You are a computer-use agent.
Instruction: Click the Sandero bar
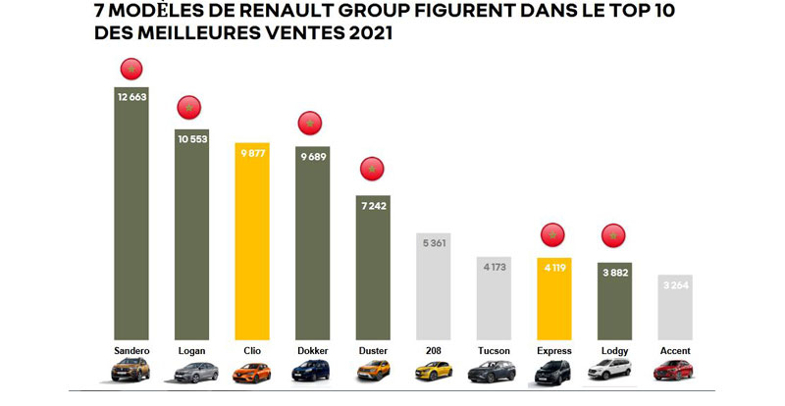coord(131,216)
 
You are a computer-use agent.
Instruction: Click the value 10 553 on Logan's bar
coord(192,137)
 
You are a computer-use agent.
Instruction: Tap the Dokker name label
coord(312,350)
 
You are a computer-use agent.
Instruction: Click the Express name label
coord(553,350)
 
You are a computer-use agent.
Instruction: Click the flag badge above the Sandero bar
coord(131,69)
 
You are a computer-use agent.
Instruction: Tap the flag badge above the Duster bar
coord(372,170)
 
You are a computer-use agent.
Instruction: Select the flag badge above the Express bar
coord(553,235)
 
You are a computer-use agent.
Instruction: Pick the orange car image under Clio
coord(252,372)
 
